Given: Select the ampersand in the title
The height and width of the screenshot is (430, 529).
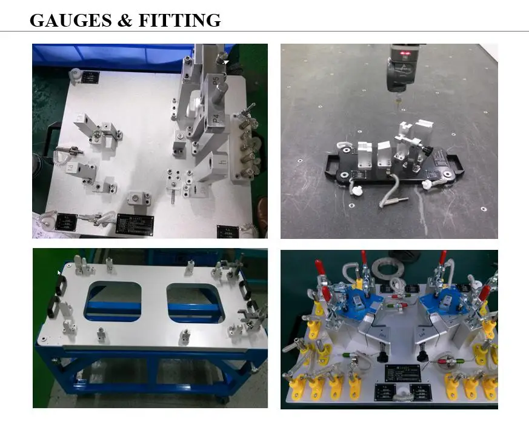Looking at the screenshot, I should tap(125, 20).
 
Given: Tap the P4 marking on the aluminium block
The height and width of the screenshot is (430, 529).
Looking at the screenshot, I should tap(216, 119).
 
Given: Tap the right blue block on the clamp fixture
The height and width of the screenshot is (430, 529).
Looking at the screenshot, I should tap(447, 300).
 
